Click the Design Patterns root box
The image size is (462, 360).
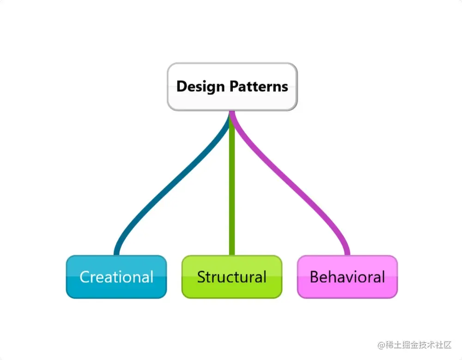pos(232,86)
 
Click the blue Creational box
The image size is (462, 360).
pos(116,277)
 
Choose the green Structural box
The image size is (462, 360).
pos(231,277)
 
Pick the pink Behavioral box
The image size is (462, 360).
pos(347,277)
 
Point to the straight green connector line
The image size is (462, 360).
pos(232,185)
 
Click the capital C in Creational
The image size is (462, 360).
pos(85,277)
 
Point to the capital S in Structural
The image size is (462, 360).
pos(201,277)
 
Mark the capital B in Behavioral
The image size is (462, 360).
pos(314,277)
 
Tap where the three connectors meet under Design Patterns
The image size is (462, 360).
pos(232,113)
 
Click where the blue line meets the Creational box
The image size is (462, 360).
pos(116,254)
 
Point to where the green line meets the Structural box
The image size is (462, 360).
pos(232,254)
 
